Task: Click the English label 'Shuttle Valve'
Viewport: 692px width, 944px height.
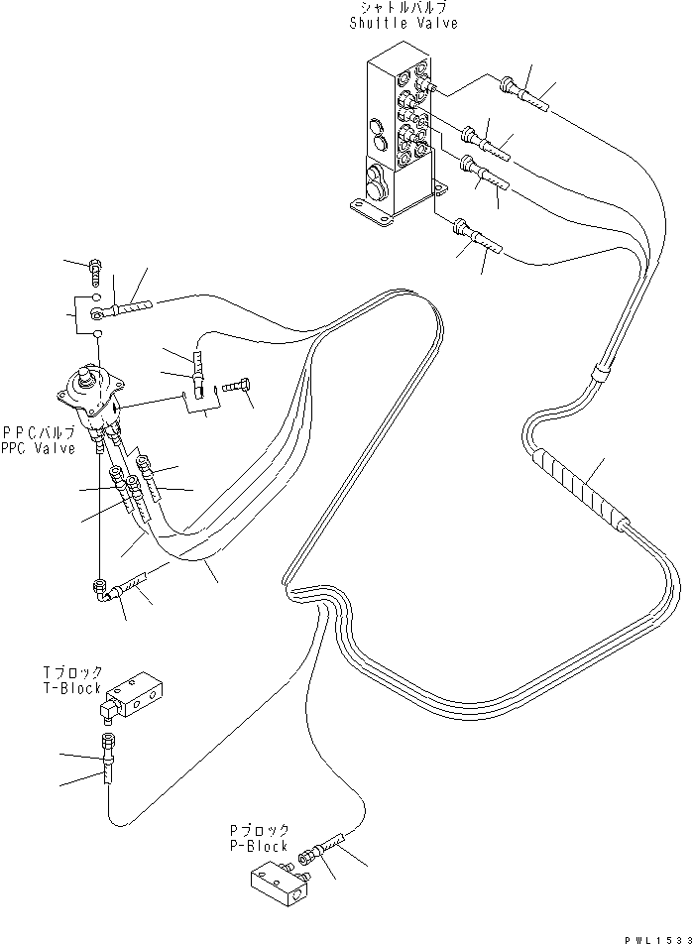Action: [404, 24]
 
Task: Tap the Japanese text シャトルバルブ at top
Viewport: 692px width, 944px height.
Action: [404, 9]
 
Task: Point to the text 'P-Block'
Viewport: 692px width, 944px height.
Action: [255, 846]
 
